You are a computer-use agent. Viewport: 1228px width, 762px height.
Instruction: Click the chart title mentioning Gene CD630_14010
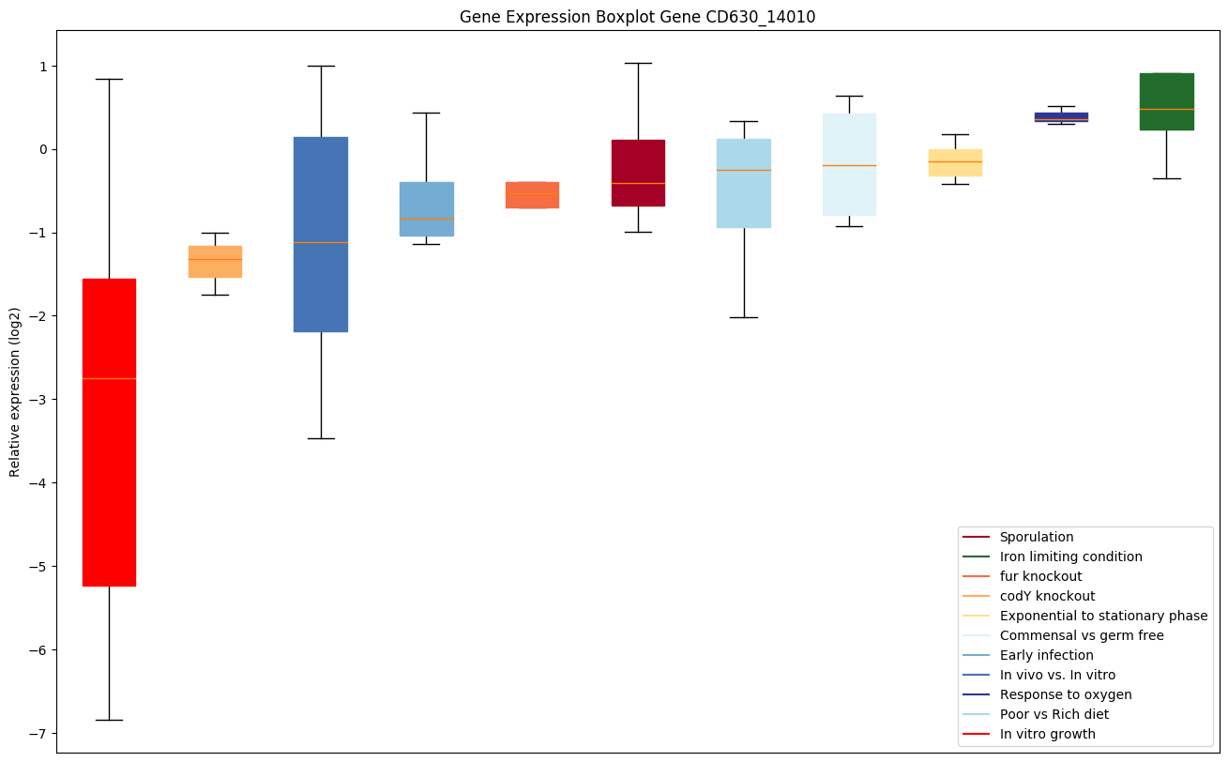click(x=630, y=17)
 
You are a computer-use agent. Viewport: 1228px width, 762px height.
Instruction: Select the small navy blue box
click(x=1061, y=116)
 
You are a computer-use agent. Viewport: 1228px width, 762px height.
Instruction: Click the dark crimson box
click(x=638, y=173)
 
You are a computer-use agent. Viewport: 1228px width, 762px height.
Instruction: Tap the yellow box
click(x=955, y=162)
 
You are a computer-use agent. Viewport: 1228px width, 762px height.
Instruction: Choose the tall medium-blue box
click(x=321, y=234)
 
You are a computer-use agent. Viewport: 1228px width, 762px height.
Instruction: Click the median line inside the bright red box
click(x=109, y=378)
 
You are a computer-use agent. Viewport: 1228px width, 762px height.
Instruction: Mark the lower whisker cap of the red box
click(x=109, y=720)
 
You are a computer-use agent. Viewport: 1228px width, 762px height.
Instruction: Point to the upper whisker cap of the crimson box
click(x=638, y=63)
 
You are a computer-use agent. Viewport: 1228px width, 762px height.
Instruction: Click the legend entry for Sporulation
click(x=1036, y=537)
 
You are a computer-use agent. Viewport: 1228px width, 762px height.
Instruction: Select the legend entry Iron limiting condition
click(x=1070, y=556)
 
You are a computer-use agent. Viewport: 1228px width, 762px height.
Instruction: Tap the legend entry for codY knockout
click(x=1047, y=596)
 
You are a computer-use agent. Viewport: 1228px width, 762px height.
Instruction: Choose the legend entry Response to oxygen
click(x=1065, y=694)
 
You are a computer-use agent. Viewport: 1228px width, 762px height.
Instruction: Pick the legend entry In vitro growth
click(x=1047, y=734)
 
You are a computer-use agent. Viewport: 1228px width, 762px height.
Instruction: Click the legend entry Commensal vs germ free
click(x=1081, y=635)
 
